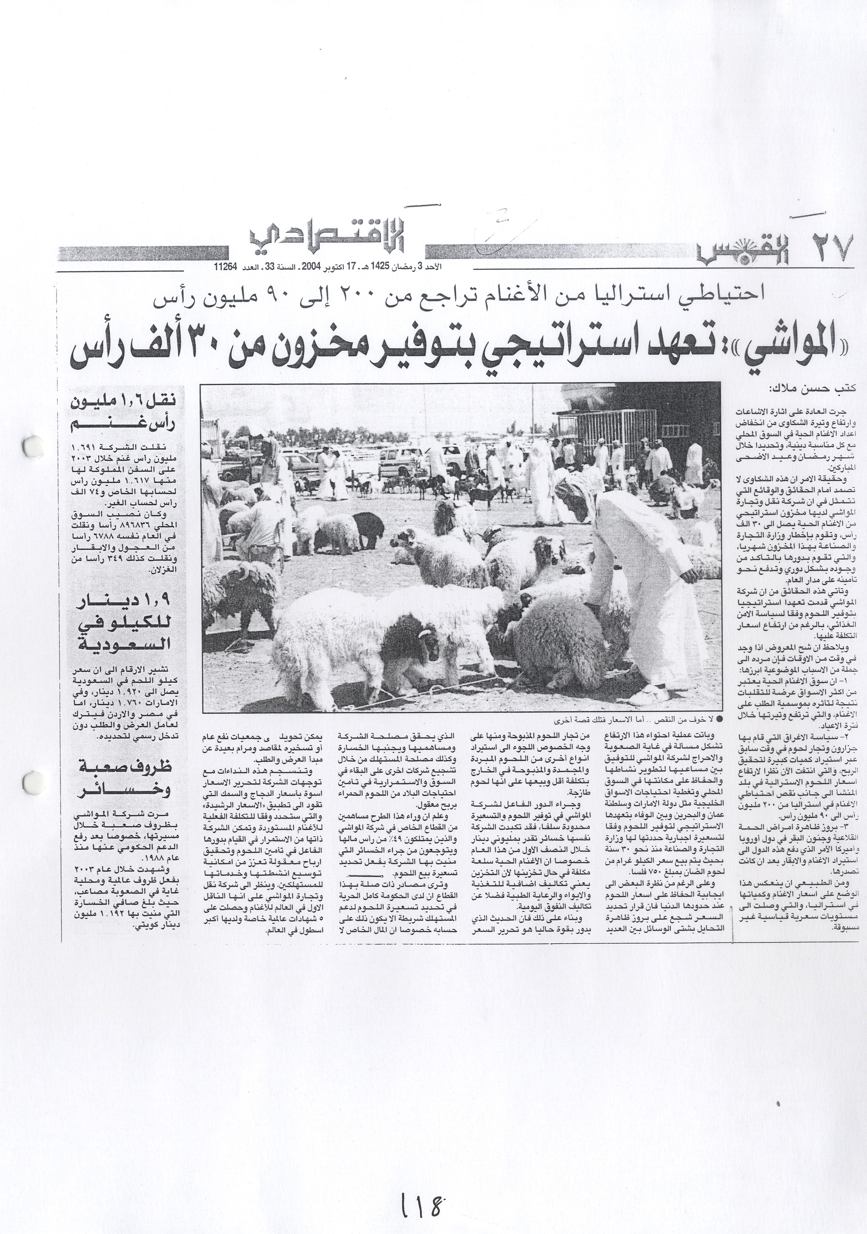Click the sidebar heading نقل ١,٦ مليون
(129, 409)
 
